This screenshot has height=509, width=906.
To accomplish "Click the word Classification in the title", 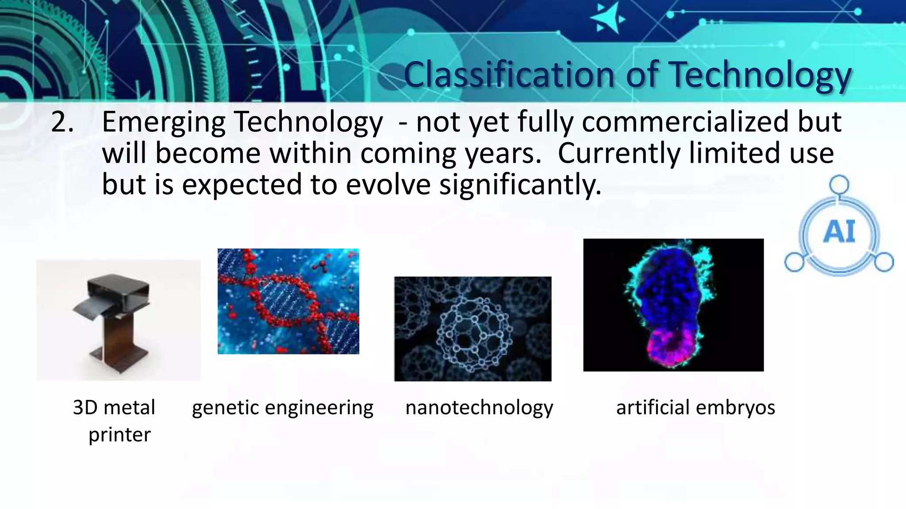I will (x=509, y=75).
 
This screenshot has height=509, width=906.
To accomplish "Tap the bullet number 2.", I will (x=62, y=122).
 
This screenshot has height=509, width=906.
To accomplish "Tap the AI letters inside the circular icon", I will (x=839, y=232).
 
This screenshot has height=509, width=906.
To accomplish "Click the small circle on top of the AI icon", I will (x=839, y=185).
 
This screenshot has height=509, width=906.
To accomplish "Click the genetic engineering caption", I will (x=282, y=407).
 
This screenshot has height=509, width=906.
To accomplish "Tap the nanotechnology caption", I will (x=479, y=407).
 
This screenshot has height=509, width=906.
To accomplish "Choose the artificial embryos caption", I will (x=695, y=407).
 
